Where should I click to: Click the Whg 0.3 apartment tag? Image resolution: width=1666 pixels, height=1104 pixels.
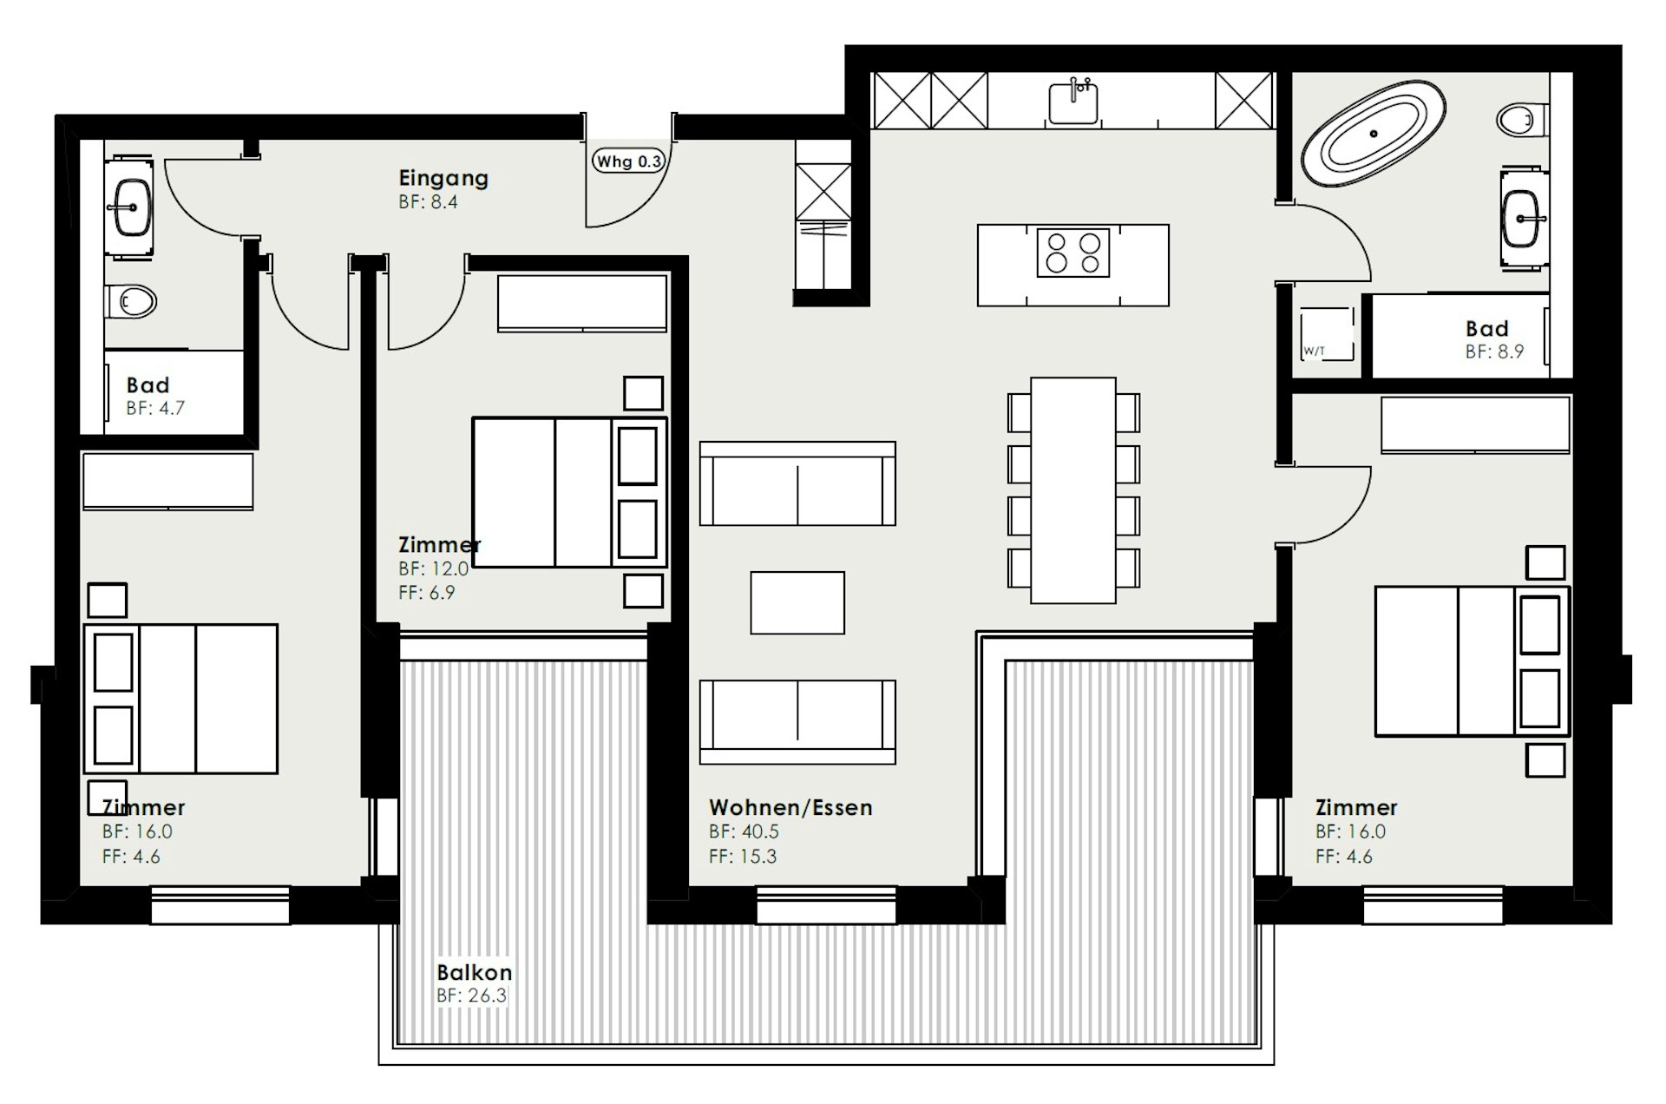[x=628, y=161]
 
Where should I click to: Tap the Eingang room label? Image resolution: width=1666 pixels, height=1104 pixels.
[x=443, y=178]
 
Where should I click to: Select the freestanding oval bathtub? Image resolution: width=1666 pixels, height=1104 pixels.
[x=1374, y=134]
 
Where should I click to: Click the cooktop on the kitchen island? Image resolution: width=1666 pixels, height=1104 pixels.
[x=1073, y=253]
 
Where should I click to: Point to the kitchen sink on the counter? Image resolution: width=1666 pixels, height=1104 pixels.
[x=1074, y=102]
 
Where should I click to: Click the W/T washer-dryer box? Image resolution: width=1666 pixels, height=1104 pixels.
[x=1326, y=334]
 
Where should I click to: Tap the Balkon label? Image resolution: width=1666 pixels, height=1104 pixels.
[x=474, y=972]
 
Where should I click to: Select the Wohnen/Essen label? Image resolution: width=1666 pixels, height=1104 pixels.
[x=790, y=807]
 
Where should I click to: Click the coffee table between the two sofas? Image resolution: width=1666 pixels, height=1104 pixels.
[x=797, y=602]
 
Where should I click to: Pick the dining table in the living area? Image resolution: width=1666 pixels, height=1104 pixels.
[x=1073, y=490]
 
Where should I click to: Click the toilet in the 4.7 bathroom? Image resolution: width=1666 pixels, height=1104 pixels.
[x=131, y=301]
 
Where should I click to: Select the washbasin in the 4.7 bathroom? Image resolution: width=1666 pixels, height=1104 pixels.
[x=131, y=207]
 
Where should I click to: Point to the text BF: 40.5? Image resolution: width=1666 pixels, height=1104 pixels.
[x=744, y=831]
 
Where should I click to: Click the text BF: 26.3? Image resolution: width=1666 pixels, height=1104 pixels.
[x=471, y=996]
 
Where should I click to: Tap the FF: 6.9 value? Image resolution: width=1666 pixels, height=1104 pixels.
[x=426, y=593]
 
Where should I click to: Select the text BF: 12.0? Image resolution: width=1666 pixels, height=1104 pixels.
[x=433, y=568]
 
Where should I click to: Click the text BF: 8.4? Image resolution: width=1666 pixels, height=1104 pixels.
[x=428, y=202]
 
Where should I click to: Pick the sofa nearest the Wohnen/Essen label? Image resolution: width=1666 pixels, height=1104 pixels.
[x=797, y=721]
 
